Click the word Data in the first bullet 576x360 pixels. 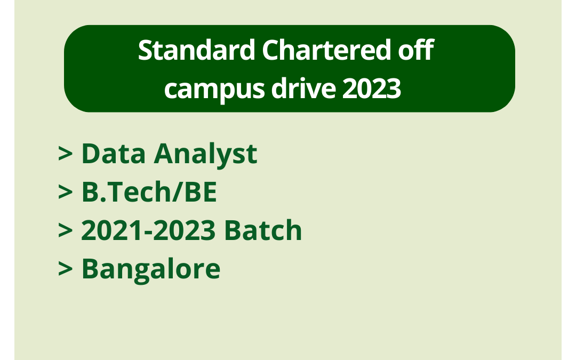point(113,154)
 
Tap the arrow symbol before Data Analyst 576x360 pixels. point(65,154)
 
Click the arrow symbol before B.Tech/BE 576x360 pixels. point(65,193)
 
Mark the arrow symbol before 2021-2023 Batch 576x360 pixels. point(65,231)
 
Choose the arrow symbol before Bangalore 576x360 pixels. point(65,269)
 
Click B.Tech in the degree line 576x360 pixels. point(126,192)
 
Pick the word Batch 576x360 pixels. point(263,230)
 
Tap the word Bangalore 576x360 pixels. point(150,269)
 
